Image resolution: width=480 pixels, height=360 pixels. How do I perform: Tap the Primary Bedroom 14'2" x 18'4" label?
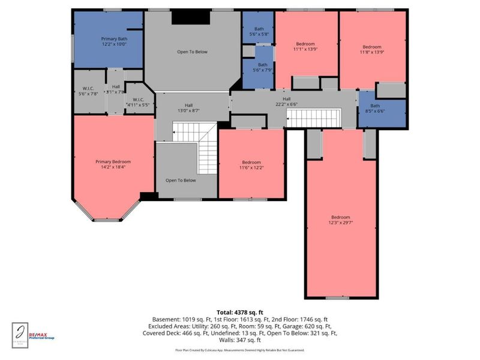click(113, 165)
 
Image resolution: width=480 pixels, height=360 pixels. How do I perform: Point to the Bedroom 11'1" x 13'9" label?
click(305, 47)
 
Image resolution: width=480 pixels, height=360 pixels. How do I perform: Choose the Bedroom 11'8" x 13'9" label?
click(372, 50)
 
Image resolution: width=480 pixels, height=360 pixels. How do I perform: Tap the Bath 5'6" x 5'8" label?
click(259, 32)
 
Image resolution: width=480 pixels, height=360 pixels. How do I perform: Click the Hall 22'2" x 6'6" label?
click(287, 101)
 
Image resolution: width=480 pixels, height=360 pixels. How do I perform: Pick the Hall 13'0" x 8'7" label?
click(188, 108)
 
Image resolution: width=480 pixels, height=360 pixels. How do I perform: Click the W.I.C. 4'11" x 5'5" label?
click(139, 103)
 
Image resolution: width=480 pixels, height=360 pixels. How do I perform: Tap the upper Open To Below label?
click(192, 52)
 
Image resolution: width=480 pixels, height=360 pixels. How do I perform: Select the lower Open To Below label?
click(181, 180)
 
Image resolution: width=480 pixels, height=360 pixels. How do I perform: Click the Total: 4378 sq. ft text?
click(241, 312)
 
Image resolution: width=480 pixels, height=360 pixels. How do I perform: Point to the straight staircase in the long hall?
click(314, 118)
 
